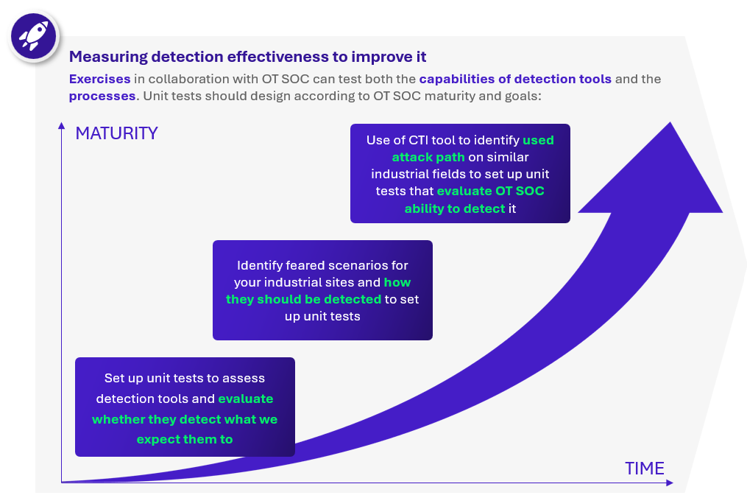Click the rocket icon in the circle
click(x=33, y=36)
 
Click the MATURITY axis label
click(x=117, y=133)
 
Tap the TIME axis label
click(x=645, y=469)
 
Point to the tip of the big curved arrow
click(x=670, y=122)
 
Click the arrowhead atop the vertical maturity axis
click(x=62, y=125)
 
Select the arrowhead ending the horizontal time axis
click(x=670, y=483)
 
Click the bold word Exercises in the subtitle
click(x=99, y=79)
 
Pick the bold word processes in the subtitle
click(x=102, y=96)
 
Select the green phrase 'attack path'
click(x=428, y=157)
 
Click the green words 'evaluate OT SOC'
click(x=491, y=191)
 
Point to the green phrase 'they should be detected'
click(x=303, y=299)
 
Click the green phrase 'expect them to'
click(x=185, y=439)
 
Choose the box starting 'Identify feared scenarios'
click(x=322, y=290)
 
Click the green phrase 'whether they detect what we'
click(x=185, y=419)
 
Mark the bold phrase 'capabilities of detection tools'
click(x=515, y=79)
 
